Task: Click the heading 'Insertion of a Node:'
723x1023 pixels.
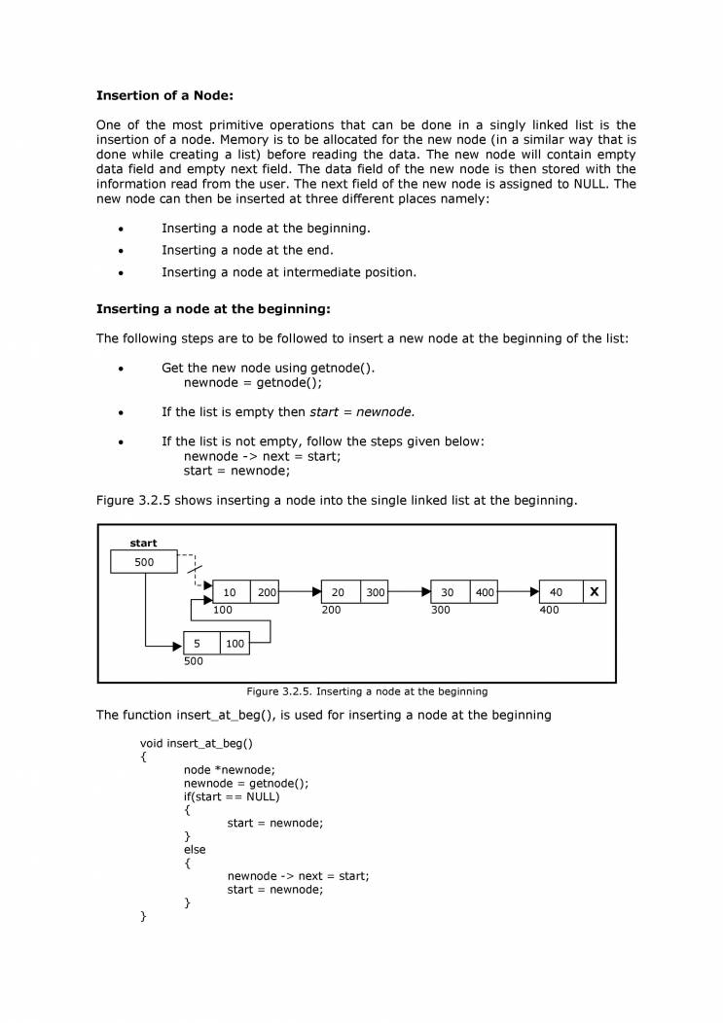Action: coord(164,95)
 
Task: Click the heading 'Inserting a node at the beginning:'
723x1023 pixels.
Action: coord(213,309)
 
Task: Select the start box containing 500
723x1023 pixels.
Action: coord(144,562)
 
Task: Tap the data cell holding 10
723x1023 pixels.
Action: coord(231,592)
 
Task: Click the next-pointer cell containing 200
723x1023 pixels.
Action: coord(267,592)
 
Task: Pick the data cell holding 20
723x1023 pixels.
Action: coord(340,592)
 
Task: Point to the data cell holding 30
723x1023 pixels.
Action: coord(449,592)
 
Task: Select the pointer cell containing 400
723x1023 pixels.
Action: coord(485,592)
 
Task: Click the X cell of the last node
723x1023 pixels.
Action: coord(595,592)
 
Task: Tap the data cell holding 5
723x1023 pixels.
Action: coord(198,643)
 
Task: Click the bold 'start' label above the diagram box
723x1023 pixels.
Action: coord(143,544)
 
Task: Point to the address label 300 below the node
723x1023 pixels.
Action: coord(441,611)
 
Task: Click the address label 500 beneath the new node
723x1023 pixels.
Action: coord(194,661)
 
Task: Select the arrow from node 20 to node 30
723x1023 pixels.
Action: coord(410,591)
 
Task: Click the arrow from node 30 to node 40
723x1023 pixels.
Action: coord(519,591)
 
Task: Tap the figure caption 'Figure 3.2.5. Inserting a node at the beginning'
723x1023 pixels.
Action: coord(367,691)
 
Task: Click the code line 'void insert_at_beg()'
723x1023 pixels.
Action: coord(197,744)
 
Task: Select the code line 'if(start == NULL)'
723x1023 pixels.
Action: coord(232,796)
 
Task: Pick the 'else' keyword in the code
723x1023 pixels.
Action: coord(195,850)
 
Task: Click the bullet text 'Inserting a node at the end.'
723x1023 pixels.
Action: coord(247,250)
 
